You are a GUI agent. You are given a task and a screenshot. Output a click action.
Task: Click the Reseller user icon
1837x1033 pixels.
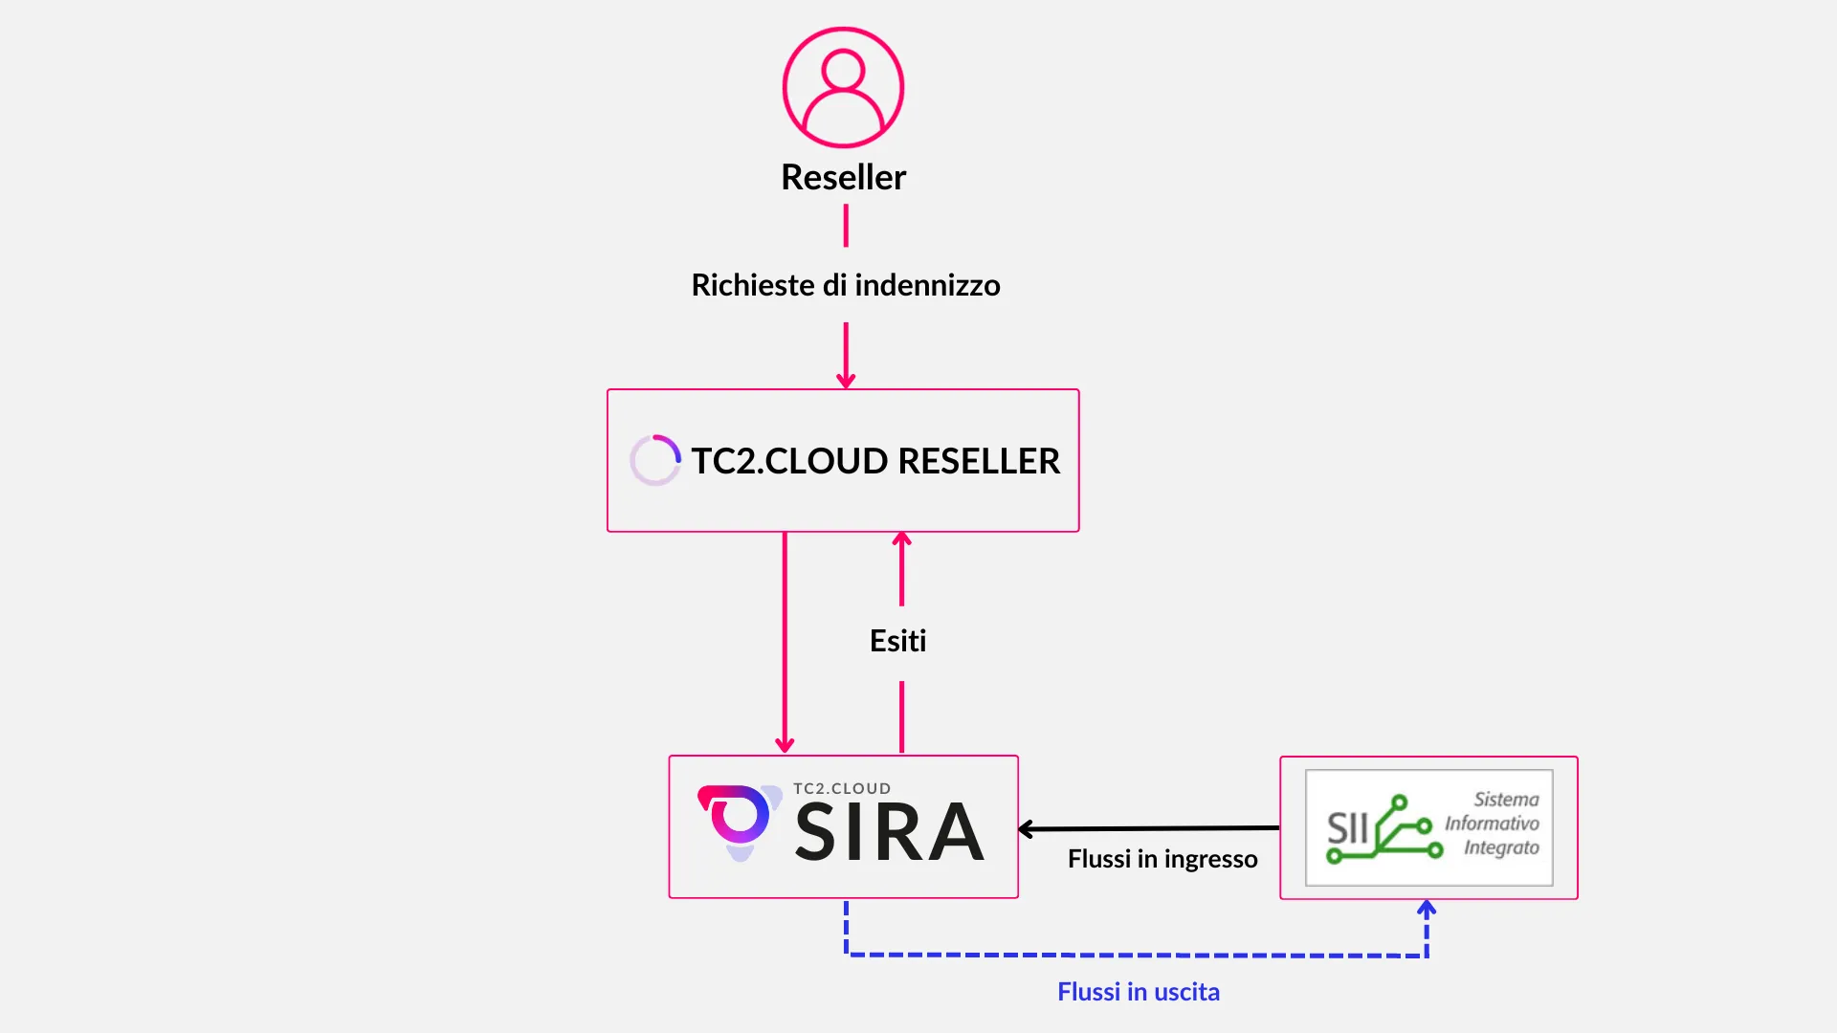843,87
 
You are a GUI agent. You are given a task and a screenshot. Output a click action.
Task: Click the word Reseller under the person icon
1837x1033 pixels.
843,177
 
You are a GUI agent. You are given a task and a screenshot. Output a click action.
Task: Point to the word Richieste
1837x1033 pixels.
753,285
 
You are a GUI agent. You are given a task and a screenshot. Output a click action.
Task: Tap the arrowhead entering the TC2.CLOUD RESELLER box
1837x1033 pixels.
846,381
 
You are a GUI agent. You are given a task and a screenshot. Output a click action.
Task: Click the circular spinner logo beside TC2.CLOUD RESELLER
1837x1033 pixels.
655,460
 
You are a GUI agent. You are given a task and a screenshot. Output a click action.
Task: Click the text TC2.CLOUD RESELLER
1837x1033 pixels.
875,461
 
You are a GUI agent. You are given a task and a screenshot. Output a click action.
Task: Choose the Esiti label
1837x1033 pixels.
897,641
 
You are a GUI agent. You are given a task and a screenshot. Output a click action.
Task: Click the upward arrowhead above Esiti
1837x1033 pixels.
901,540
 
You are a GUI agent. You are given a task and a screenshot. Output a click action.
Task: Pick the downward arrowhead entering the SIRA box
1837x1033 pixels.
785,745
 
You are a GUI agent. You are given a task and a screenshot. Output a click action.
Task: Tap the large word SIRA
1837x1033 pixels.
889,832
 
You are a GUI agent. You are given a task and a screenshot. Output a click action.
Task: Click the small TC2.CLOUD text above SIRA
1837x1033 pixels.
842,788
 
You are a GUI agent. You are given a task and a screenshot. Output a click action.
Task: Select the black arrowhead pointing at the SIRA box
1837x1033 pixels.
1027,829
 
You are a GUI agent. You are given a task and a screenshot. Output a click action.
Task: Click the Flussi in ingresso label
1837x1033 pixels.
1162,859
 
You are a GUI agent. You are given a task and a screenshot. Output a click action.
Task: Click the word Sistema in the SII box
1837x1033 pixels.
1506,800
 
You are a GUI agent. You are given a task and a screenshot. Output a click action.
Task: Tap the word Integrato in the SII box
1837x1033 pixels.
1501,847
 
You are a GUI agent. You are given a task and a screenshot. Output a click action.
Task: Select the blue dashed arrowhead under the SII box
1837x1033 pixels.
1427,908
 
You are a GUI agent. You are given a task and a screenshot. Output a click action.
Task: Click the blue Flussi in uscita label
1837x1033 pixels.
1139,992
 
